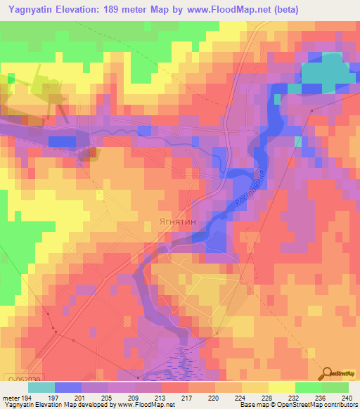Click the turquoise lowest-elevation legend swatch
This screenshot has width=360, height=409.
pos(41,387)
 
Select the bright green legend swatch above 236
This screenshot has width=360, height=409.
pos(309,387)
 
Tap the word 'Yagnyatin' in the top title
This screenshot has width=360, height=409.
pos(31,10)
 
